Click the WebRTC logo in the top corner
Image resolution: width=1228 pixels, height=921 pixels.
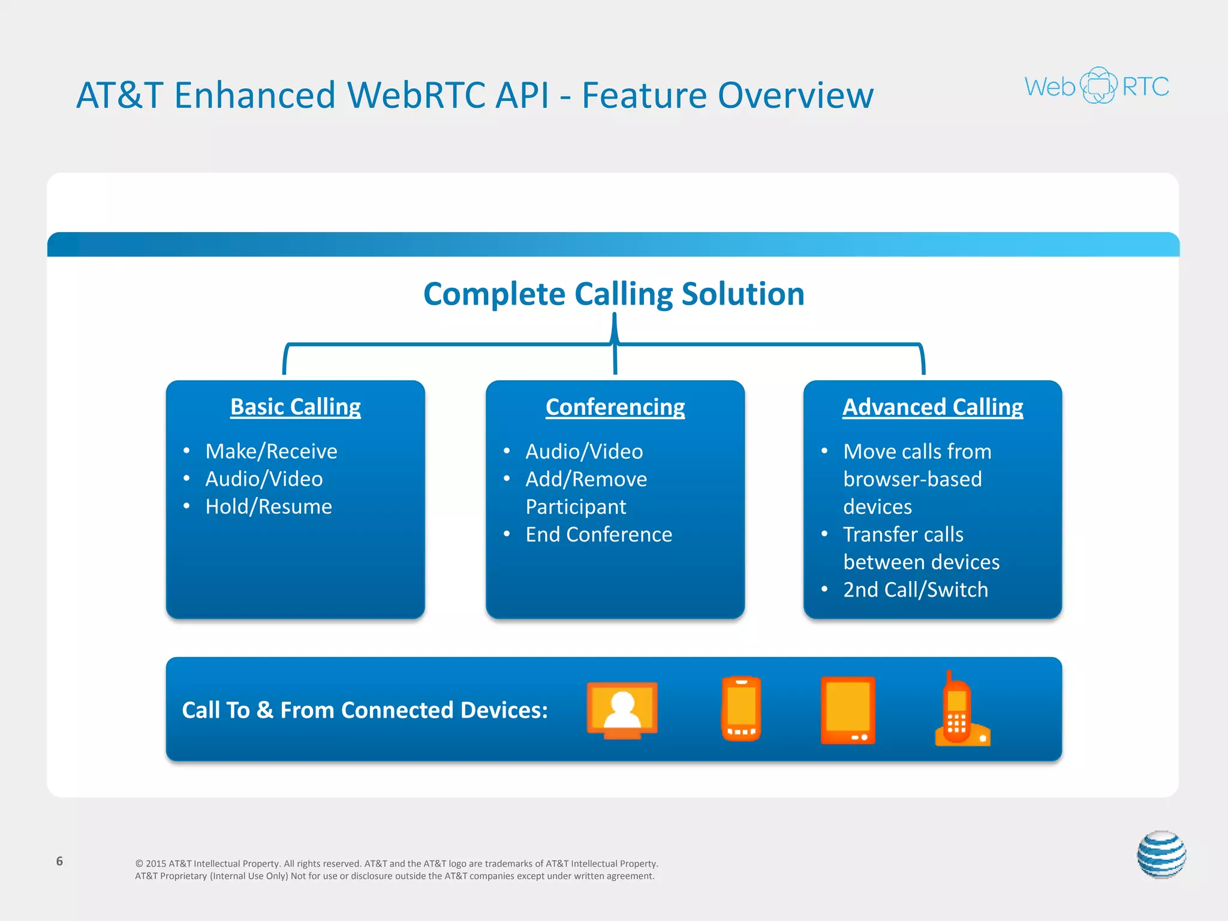coord(1097,86)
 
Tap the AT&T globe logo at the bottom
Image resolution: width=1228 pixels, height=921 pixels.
coord(1161,854)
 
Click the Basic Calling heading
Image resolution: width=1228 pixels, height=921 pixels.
coord(296,407)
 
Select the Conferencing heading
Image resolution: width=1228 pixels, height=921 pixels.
coord(615,407)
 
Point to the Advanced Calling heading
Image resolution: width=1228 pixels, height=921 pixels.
coord(932,407)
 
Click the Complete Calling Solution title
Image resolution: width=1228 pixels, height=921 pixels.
coord(614,294)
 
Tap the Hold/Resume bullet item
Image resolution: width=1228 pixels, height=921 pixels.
coord(268,507)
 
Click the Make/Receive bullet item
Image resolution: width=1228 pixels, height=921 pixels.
coord(271,451)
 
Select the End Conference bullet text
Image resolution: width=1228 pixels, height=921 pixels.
coord(598,534)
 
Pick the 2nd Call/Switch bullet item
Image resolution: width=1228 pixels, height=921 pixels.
coord(915,589)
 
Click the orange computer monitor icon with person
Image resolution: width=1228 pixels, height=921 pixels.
coord(622,710)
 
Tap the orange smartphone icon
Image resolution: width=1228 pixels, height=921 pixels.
coord(741,709)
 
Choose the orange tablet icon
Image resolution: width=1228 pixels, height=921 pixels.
coord(848,710)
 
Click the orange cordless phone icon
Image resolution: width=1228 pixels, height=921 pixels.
coord(960,711)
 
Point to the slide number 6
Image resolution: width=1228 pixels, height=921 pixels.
coord(59,861)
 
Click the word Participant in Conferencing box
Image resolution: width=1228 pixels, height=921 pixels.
coord(576,507)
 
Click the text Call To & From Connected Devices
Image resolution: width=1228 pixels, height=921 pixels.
coord(365,710)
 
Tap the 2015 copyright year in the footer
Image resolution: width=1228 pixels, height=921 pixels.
coord(156,863)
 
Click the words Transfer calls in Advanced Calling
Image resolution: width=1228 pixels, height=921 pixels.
coord(903,534)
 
